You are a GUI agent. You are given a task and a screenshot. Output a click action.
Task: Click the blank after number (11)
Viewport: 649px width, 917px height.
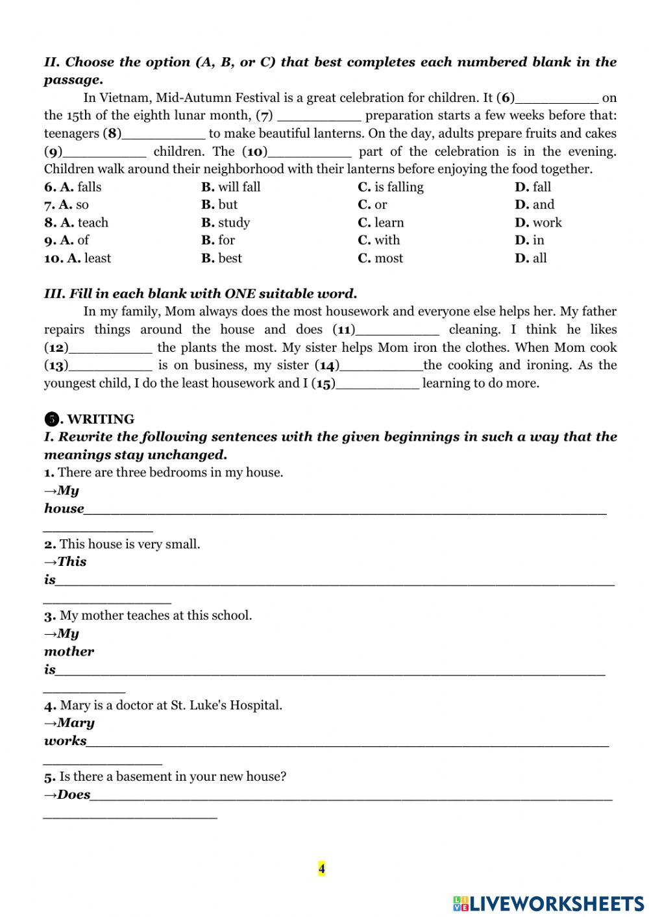pos(397,330)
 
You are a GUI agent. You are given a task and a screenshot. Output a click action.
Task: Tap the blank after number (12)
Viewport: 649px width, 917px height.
pos(110,348)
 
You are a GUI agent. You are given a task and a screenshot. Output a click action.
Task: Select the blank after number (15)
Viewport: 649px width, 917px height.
pos(378,384)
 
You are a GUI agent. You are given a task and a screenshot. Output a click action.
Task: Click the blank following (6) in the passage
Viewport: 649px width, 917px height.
pos(556,99)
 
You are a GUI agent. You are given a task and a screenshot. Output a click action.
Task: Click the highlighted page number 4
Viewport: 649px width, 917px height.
pos(322,868)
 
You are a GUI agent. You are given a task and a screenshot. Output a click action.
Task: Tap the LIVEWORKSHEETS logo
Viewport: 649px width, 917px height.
pos(548,903)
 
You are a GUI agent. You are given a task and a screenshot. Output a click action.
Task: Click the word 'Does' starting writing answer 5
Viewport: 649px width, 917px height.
pos(73,794)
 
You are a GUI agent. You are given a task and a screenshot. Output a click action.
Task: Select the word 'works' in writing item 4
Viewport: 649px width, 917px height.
pos(65,740)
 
